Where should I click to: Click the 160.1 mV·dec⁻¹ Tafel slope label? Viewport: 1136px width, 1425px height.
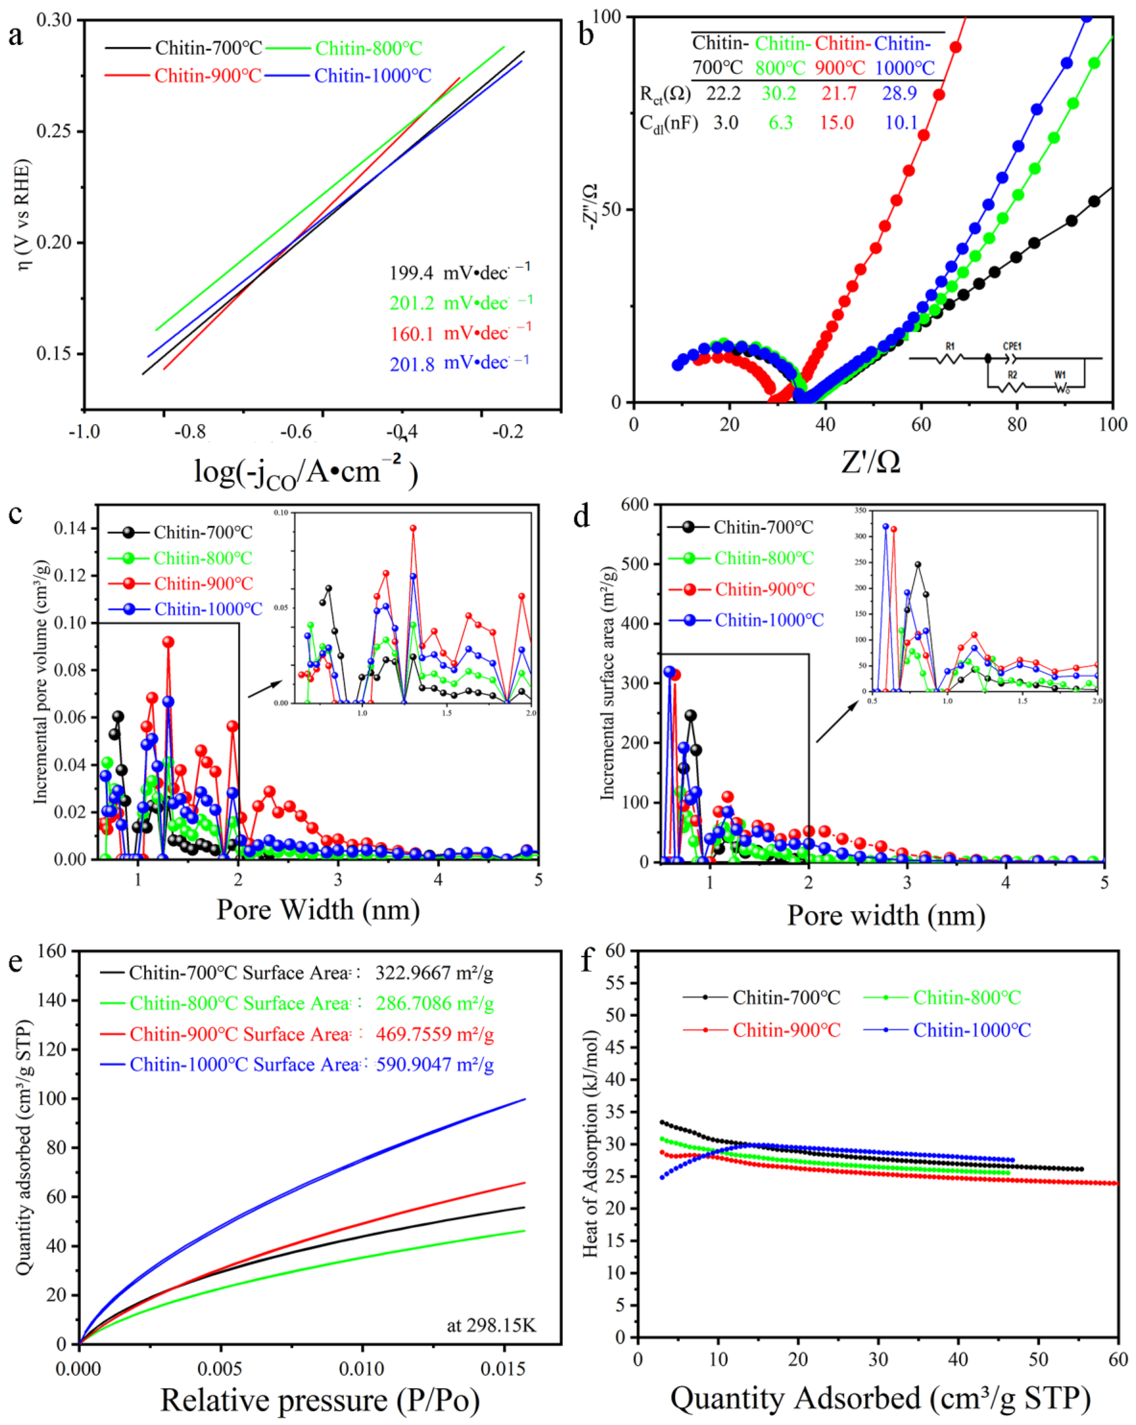[460, 333]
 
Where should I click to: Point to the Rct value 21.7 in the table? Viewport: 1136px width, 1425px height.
[838, 94]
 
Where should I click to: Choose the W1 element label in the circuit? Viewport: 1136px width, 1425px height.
[1060, 375]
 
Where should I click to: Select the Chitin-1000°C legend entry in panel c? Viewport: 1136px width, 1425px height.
[208, 609]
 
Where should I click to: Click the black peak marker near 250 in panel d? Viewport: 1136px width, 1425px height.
[690, 715]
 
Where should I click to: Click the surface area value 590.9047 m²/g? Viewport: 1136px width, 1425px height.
[434, 1064]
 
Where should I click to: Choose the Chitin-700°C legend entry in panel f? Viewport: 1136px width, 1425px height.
[786, 997]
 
